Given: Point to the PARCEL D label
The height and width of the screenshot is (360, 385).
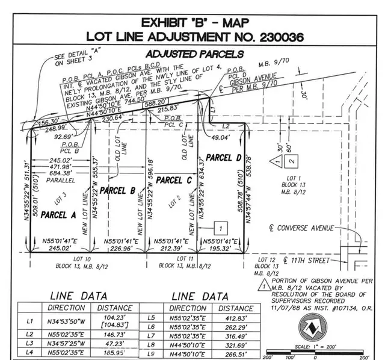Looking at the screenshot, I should (224, 157).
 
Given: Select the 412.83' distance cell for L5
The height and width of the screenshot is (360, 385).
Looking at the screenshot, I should (237, 318).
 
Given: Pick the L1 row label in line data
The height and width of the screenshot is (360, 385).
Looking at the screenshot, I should (29, 321).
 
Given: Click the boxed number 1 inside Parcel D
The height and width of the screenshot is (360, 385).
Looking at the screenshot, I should (221, 228).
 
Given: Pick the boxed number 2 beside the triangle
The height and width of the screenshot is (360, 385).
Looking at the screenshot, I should (291, 161).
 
